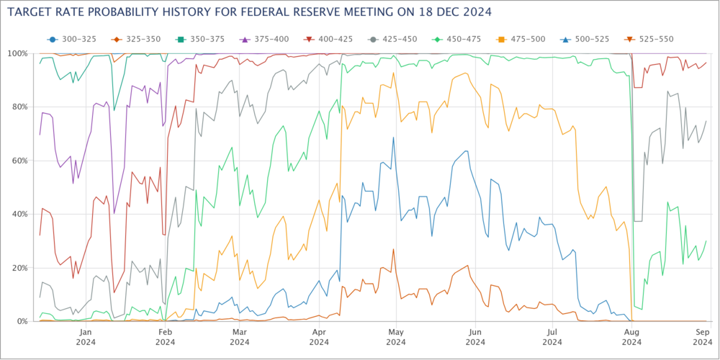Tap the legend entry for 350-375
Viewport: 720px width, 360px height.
196,38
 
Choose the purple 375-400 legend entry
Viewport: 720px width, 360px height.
257,38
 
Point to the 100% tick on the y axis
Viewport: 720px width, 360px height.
17,54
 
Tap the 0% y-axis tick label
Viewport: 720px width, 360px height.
21,321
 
